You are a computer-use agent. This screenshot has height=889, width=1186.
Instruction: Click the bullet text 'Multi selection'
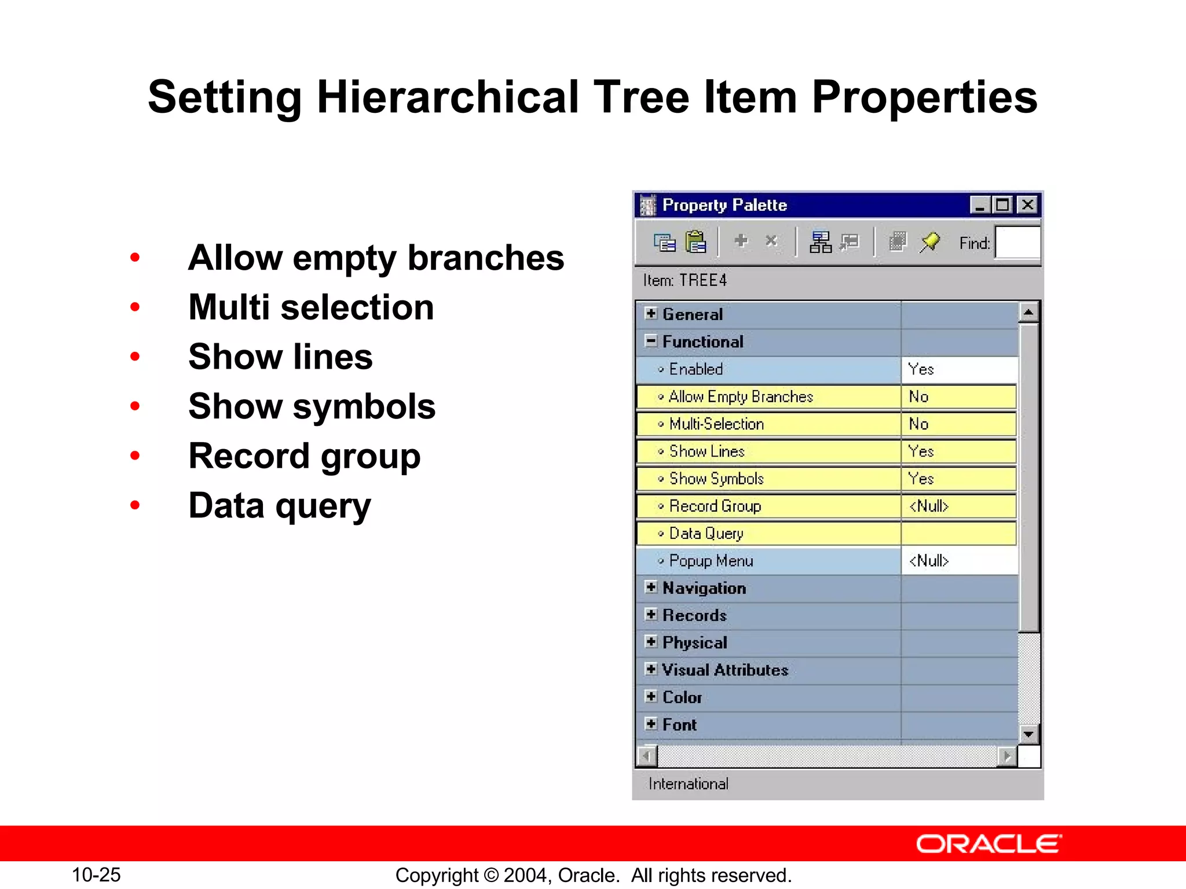pos(311,307)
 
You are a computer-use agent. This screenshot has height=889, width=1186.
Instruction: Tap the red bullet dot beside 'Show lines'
pos(135,357)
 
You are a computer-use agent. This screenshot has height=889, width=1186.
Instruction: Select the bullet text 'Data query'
pos(279,506)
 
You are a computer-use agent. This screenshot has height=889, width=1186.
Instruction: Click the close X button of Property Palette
pos(1027,205)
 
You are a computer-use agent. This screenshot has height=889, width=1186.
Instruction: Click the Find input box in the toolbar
pos(1017,243)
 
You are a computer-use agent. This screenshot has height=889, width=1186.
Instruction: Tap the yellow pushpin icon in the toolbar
pos(929,242)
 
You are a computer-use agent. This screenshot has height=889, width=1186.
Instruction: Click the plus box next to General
pos(651,314)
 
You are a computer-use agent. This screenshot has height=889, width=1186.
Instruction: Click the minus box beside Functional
pos(651,341)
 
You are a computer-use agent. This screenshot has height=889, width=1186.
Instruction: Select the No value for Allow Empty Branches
pos(918,397)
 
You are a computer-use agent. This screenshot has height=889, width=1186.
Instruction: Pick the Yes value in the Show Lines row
pos(921,451)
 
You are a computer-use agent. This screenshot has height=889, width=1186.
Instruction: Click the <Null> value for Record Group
pos(928,506)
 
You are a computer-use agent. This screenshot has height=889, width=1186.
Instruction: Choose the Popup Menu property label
pos(711,561)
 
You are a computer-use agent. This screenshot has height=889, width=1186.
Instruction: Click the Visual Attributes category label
pos(725,670)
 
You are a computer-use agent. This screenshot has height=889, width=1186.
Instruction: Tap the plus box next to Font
pos(651,724)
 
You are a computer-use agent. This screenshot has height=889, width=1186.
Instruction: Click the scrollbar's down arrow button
pos(1028,734)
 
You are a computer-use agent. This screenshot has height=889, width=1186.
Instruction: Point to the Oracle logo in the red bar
pos(988,844)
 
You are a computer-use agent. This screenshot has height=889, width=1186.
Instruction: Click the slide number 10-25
pos(96,875)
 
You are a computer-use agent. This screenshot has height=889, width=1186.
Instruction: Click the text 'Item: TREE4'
pos(684,281)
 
